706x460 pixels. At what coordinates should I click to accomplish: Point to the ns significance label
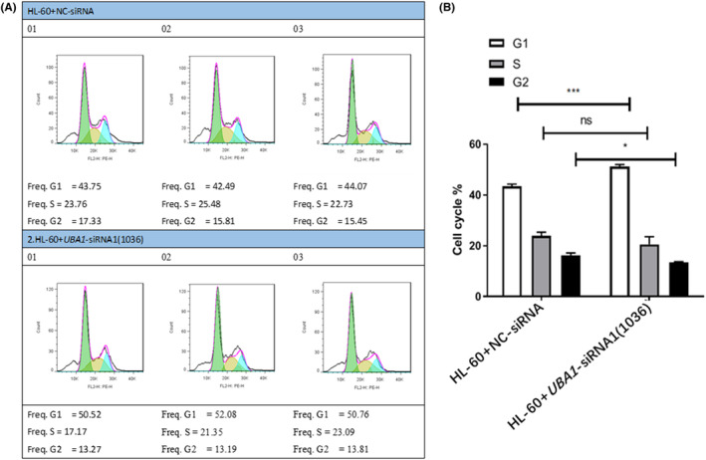593,115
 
